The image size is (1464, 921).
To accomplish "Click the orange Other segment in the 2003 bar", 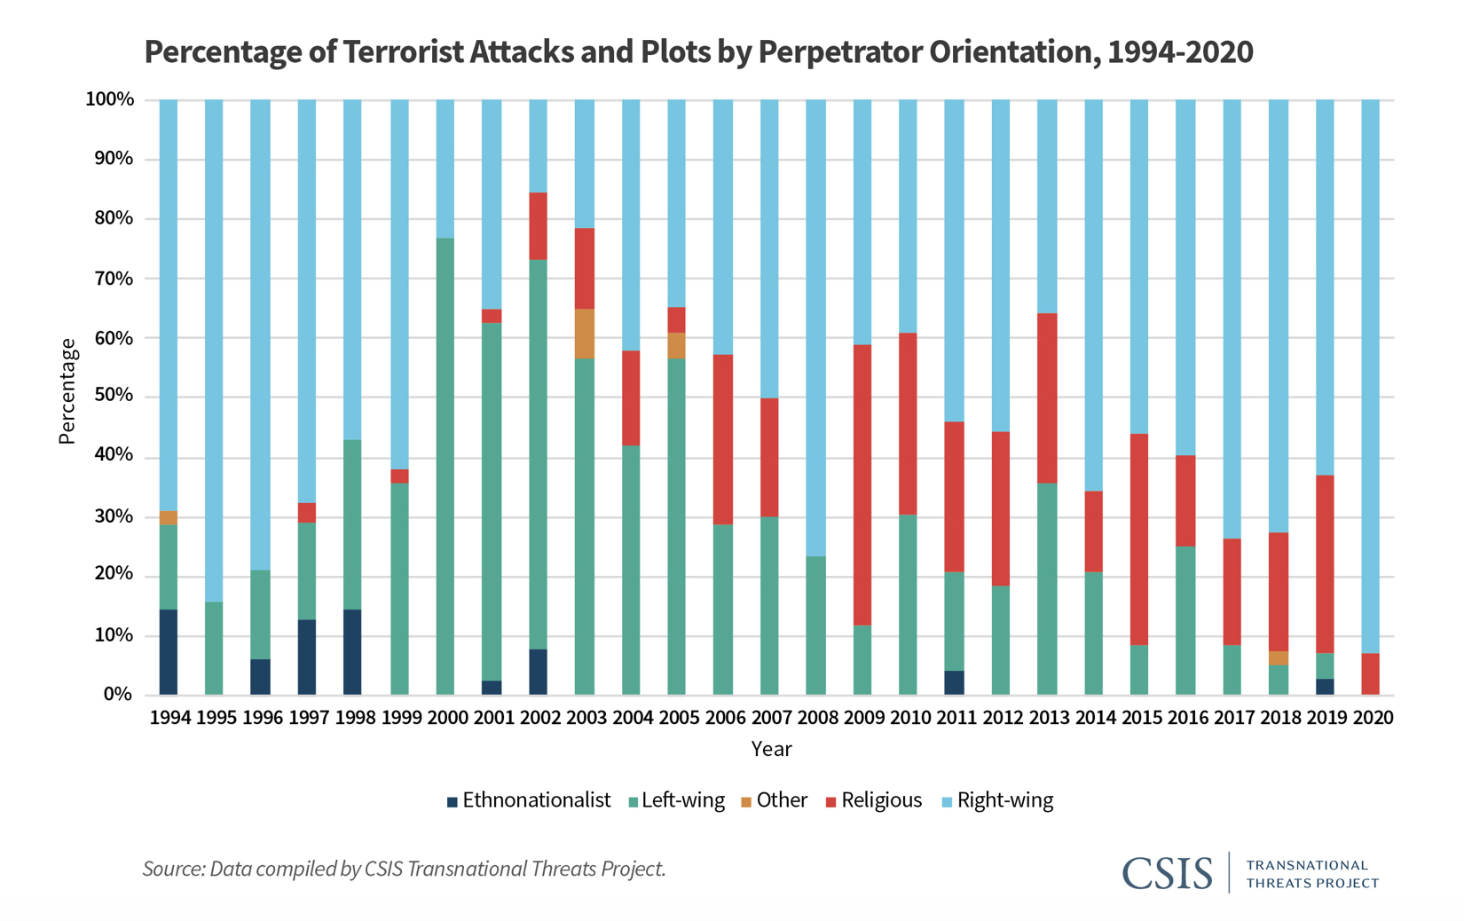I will (x=585, y=334).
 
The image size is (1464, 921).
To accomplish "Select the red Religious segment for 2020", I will (x=1370, y=673).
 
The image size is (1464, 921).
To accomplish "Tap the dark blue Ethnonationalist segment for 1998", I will (x=352, y=651).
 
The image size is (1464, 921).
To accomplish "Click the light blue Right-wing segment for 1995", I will (x=214, y=350).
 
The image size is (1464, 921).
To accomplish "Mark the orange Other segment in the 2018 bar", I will (x=1278, y=657).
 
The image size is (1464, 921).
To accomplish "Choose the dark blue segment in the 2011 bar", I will (x=954, y=682).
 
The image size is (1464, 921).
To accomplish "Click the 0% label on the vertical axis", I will (x=118, y=694).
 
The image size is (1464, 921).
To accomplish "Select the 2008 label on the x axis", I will (x=818, y=717).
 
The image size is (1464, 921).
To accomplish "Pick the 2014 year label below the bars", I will (x=1095, y=717).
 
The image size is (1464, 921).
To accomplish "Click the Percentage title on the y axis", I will (x=67, y=390).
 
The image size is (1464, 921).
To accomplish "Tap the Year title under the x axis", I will (x=771, y=749).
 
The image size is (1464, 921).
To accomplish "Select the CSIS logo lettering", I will (x=1167, y=873).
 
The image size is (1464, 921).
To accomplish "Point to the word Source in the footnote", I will (x=173, y=869).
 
